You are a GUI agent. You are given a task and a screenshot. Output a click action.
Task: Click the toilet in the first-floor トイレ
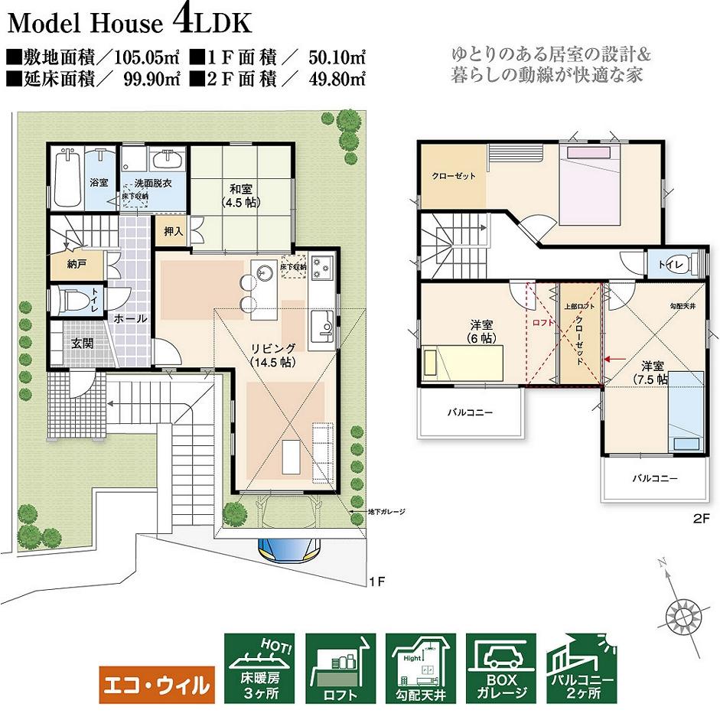70,301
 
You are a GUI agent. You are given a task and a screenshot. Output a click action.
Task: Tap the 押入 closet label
172,230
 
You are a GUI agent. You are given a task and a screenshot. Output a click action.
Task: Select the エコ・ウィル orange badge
156,683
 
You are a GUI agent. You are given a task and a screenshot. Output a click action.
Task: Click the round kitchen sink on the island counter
266,272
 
